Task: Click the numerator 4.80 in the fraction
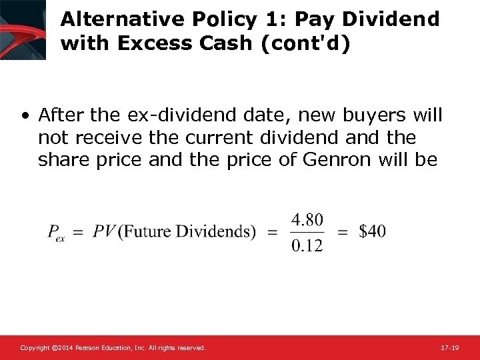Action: tap(307, 219)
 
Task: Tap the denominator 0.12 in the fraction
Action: tap(307, 245)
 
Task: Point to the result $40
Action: tap(372, 231)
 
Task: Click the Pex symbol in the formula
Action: tap(56, 233)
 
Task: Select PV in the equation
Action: tap(103, 231)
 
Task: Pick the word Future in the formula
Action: tap(149, 231)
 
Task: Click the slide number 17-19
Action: tap(450, 347)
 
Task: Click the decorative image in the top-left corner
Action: tap(23, 29)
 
